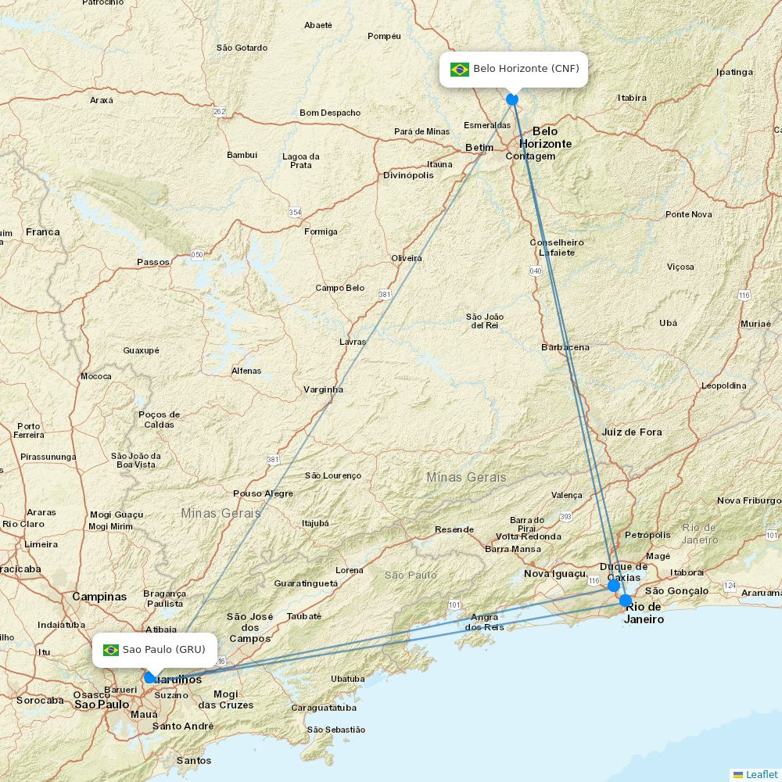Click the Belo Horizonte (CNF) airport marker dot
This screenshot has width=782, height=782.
[512, 99]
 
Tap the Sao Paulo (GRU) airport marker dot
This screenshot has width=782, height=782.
[150, 677]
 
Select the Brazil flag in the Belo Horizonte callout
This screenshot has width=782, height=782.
[460, 70]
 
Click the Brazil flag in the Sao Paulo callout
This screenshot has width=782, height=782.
[111, 650]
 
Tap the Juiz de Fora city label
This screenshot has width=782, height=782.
[632, 432]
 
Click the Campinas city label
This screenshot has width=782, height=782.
[99, 597]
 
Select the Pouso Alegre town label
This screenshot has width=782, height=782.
[263, 493]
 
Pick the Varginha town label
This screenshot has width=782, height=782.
[323, 389]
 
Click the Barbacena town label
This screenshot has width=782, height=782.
[565, 347]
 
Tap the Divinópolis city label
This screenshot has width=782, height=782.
[408, 175]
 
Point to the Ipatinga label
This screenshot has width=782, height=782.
[734, 72]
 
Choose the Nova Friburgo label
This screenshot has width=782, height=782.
[748, 500]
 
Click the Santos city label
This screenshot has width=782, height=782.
[194, 760]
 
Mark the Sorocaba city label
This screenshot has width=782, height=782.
[40, 700]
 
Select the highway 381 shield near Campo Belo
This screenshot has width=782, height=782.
[385, 295]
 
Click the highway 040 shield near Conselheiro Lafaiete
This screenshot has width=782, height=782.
[536, 271]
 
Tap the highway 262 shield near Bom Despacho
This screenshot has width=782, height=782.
[220, 112]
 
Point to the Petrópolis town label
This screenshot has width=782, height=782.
[647, 535]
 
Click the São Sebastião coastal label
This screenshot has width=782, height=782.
[336, 730]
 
